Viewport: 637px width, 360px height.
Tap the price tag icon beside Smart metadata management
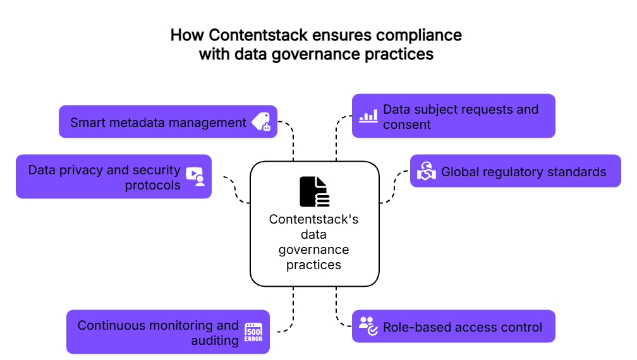(261, 122)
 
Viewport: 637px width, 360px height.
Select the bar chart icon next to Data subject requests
(368, 116)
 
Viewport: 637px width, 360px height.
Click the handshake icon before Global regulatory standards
(427, 171)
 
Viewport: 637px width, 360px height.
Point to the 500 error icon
(253, 332)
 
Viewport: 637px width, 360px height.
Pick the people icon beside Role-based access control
(368, 326)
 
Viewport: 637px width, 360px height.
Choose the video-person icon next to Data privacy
(195, 176)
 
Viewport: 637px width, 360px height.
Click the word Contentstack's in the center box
(313, 219)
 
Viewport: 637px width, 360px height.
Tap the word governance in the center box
(313, 249)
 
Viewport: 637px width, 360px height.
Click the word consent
(406, 124)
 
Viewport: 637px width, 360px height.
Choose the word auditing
(215, 340)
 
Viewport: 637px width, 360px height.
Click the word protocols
(152, 185)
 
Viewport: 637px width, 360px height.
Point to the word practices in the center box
(313, 265)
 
